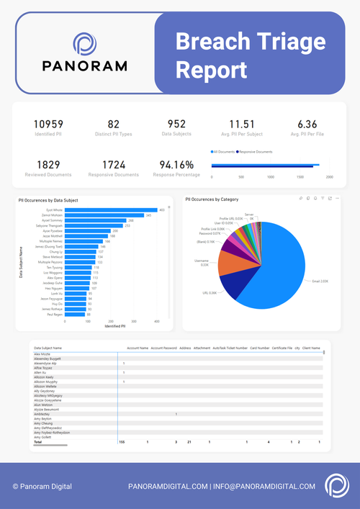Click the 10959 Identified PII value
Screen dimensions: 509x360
coord(48,125)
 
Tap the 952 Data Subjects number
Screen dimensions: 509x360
coord(176,125)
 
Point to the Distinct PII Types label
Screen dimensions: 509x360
coord(114,135)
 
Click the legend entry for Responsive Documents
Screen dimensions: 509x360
coord(256,153)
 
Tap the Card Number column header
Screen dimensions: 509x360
coord(259,348)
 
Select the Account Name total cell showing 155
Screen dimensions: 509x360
coord(122,441)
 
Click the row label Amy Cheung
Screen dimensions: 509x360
coord(45,423)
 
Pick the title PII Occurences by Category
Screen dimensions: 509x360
coord(212,199)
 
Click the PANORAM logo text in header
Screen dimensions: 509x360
coord(84,66)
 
